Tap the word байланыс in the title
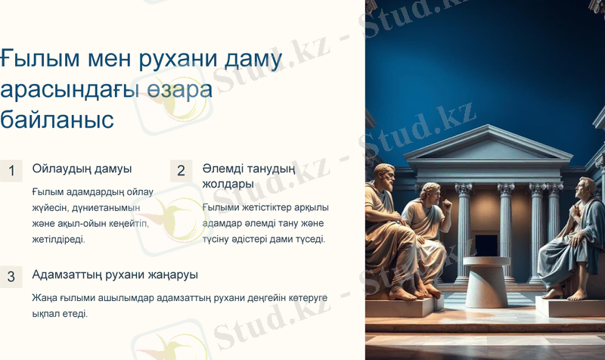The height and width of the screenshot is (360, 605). [57, 119]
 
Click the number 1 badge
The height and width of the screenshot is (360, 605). [11, 171]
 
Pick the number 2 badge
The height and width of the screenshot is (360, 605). [181, 171]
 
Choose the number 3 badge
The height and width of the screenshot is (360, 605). [11, 277]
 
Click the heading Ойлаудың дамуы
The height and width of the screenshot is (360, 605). [82, 169]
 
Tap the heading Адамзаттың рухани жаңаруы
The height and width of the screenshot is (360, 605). [115, 275]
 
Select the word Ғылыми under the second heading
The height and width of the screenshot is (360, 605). [221, 207]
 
